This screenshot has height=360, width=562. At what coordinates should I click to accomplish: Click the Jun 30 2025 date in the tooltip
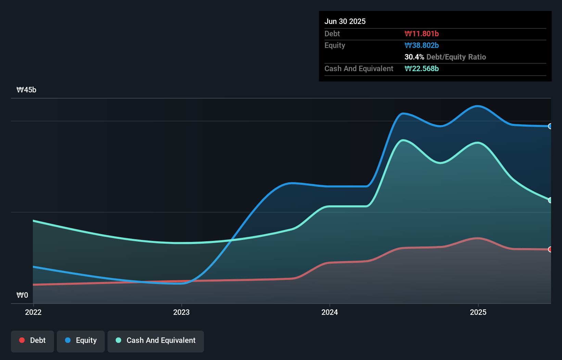(345, 21)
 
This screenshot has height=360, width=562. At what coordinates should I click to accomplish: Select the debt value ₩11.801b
(421, 34)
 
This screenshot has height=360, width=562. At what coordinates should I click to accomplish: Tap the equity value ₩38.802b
(421, 45)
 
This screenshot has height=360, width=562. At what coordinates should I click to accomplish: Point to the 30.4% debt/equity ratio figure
(414, 57)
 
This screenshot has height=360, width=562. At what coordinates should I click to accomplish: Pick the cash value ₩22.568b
(421, 68)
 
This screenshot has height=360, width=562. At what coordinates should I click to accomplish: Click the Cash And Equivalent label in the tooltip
(359, 68)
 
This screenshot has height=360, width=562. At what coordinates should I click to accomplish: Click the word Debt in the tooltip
(332, 34)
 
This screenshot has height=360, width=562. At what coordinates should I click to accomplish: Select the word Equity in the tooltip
(335, 45)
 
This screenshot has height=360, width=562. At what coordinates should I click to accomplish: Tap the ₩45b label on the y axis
(26, 90)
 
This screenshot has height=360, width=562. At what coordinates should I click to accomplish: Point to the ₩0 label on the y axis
(22, 295)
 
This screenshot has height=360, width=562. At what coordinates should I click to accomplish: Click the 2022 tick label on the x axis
(33, 312)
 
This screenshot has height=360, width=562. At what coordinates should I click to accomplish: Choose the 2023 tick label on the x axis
(181, 312)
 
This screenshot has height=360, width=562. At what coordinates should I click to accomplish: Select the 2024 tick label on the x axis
(330, 312)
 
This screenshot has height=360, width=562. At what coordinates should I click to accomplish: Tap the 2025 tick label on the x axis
(478, 312)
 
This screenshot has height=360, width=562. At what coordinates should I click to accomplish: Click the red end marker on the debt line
(550, 249)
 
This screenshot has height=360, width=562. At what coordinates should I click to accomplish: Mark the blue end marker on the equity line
(550, 126)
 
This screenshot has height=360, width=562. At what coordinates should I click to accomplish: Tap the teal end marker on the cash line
(550, 200)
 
